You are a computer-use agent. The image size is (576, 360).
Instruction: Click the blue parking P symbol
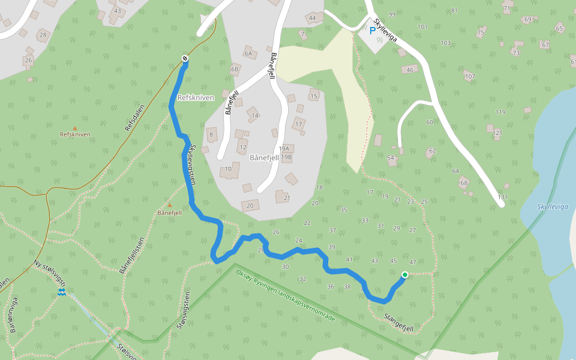point(373,30)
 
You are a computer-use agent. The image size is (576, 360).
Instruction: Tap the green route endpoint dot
point(405,275)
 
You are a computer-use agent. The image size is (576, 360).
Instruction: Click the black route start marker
point(185,58)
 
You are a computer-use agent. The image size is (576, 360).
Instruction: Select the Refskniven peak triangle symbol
point(75,128)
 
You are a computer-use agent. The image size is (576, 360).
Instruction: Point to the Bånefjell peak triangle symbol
point(169,205)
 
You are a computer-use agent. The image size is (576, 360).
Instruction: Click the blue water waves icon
point(61,292)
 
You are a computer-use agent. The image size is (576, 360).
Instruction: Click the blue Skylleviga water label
point(553,206)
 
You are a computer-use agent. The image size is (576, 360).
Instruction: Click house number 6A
point(248,53)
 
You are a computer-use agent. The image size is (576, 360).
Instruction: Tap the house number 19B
point(286,157)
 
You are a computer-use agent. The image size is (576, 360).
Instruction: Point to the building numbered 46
point(410,70)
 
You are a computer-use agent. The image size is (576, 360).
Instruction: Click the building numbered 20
point(250,206)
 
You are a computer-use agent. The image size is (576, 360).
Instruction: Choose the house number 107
point(470,76)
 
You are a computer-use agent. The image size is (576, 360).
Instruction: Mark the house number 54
point(391,158)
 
